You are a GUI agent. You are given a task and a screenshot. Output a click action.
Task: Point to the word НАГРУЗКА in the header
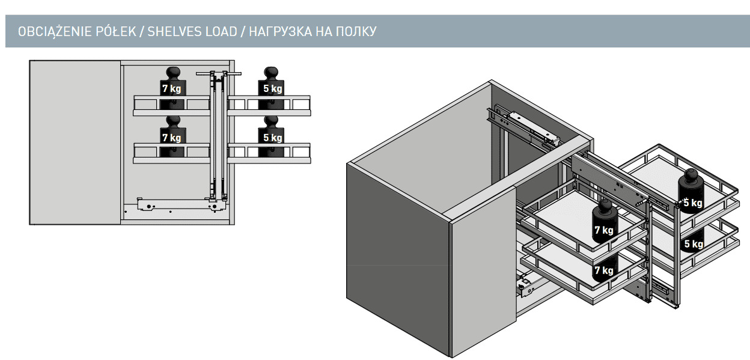(280, 31)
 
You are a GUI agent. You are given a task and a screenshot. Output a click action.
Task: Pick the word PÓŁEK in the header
(116, 31)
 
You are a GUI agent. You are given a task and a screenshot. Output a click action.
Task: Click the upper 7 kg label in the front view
(172, 88)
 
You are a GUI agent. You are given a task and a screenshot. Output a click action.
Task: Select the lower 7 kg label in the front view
(172, 138)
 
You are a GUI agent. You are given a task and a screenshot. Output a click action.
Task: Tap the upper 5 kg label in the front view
(273, 88)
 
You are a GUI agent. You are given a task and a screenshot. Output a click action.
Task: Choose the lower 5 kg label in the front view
(273, 138)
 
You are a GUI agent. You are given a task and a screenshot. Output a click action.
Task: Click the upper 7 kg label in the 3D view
(604, 230)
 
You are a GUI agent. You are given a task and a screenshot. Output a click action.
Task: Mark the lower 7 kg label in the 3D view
(604, 270)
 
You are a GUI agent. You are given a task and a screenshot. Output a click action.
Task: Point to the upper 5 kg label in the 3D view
(693, 203)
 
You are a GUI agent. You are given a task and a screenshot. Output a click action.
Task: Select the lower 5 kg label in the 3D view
(694, 244)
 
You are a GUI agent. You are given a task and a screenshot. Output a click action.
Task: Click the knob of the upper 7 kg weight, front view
(173, 72)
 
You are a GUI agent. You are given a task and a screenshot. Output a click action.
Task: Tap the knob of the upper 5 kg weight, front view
(271, 72)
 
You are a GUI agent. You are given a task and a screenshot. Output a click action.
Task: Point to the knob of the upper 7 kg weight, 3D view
(605, 206)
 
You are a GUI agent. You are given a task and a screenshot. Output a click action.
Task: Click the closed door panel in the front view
(75, 142)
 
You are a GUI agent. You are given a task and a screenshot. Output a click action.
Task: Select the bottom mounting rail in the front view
(177, 204)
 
